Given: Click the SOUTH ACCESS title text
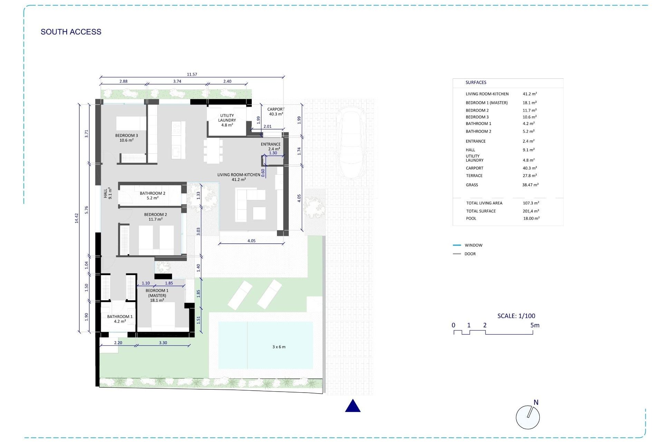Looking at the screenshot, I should pos(71,32).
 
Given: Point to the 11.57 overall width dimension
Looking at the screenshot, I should pos(192,74).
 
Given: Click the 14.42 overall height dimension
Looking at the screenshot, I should pos(77,218).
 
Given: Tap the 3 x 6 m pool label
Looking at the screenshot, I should pos(279,347).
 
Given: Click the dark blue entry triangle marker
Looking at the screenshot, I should pos(353,406).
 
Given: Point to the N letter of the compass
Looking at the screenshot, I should pos(536,402).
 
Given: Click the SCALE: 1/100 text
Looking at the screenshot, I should pos(516,316).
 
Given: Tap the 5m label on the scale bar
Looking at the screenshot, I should pos(535,325).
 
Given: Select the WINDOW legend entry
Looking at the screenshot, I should pos(473,245).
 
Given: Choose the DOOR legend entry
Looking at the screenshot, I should pos(470,254).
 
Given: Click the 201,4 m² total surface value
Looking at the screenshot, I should pos(531,211).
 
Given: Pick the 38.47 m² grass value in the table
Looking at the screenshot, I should pos(530,185).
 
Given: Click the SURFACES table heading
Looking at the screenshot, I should pos(475,83).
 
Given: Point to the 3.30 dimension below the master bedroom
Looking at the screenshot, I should pos(163,343).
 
